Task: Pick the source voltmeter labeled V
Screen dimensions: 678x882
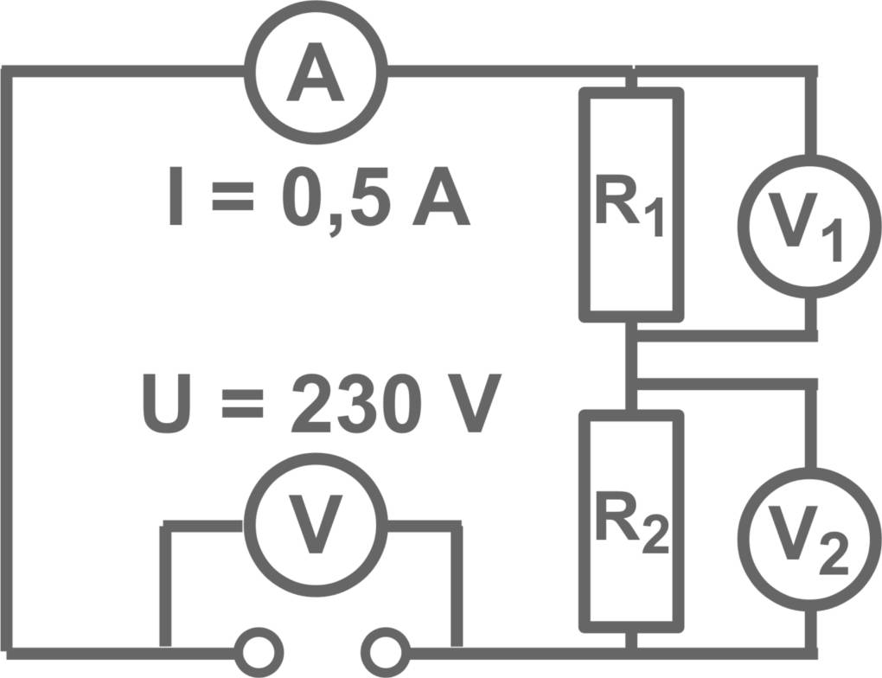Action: tap(316, 525)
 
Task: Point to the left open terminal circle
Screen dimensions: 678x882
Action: tap(259, 649)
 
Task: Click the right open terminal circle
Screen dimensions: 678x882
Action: tap(386, 649)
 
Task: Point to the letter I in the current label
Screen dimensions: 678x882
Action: tap(176, 201)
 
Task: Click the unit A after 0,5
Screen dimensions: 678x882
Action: tap(441, 201)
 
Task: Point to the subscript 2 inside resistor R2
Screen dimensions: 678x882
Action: tap(655, 537)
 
